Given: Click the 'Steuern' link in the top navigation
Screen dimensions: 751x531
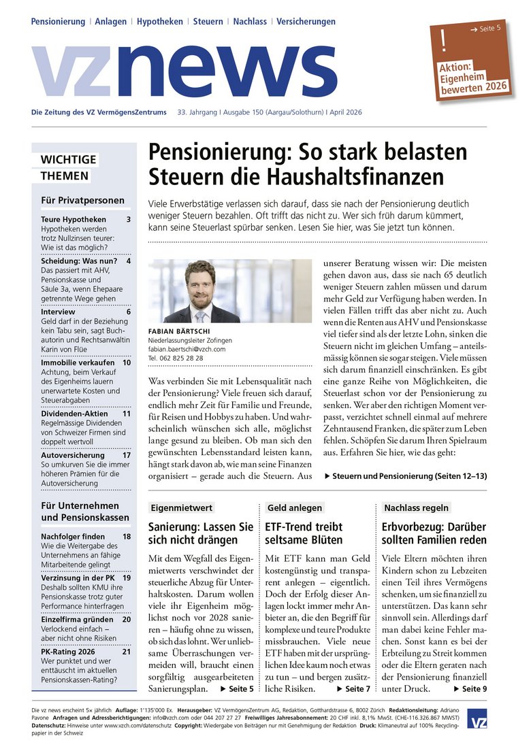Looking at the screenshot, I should pos(208,22).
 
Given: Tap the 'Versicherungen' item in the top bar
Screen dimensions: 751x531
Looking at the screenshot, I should pos(306,22).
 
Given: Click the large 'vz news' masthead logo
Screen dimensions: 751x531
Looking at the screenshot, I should pos(184,72).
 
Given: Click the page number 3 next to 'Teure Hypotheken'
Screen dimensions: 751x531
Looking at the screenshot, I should pos(128,219).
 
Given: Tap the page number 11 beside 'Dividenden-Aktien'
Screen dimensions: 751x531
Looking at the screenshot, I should pos(127,413).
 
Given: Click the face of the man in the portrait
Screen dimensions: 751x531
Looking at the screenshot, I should pos(200,282).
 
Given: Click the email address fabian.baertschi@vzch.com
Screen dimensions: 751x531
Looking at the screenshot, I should pos(187,349).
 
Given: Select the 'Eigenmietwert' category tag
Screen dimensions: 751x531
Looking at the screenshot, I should pos(182,507).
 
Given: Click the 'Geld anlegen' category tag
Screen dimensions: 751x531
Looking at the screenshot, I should pos(295,507).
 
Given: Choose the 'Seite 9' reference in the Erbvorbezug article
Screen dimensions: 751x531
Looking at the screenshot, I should pos(473,689).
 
